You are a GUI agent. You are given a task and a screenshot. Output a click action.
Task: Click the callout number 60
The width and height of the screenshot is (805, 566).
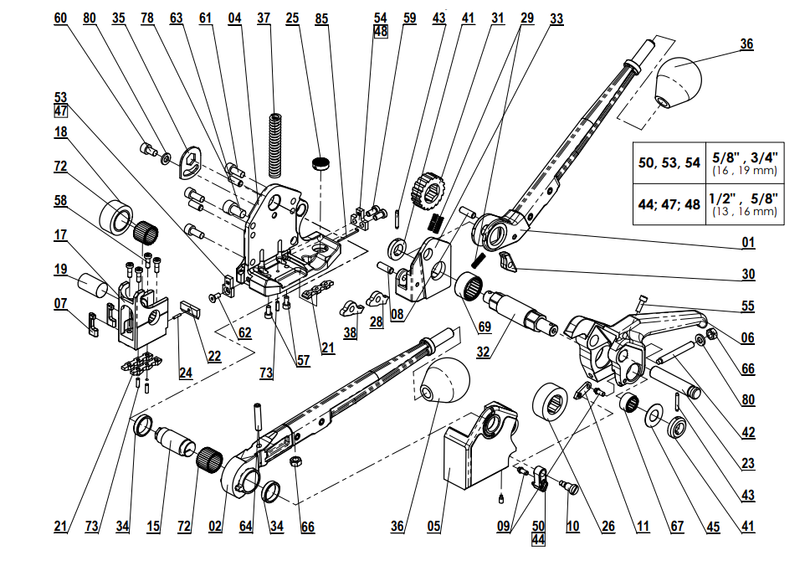coord(60,17)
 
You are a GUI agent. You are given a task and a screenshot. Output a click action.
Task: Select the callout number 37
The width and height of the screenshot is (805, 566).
coord(264,17)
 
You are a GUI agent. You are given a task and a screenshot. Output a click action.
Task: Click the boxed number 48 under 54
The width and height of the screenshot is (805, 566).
coord(381,31)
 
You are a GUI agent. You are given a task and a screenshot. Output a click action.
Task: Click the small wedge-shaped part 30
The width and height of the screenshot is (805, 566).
coord(509,261)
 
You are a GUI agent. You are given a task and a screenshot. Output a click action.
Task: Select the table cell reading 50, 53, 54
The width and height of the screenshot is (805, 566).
coord(669,162)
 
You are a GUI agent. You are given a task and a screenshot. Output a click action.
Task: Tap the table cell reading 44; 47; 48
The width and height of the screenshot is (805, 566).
coord(669,204)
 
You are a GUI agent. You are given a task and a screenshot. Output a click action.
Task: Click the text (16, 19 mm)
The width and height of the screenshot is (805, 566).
coord(744,170)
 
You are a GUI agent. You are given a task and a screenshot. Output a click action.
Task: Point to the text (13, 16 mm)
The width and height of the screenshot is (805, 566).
coord(744,212)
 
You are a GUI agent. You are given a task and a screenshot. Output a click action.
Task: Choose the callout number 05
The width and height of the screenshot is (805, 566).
coord(433,527)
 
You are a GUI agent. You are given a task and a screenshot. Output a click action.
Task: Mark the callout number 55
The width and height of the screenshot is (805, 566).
coord(747,307)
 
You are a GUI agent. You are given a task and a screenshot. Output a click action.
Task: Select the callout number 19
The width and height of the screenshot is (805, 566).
coord(61,270)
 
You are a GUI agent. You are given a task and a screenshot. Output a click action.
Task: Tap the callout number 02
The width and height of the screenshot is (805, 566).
coord(216,527)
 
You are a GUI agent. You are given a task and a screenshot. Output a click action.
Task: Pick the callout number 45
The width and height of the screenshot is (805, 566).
coord(712,527)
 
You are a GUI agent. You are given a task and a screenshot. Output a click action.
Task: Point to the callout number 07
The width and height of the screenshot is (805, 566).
coord(61,302)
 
